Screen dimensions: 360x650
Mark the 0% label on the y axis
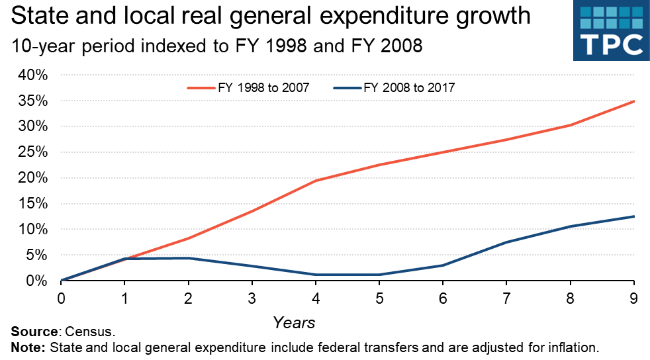36,281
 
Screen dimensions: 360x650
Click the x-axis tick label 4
316,298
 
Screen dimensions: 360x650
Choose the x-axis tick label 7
507,298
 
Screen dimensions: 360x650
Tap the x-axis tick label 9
634,298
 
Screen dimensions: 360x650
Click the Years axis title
294,323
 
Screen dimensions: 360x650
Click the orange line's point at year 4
316,181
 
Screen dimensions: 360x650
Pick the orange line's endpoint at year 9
634,101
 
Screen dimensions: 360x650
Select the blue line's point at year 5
379,275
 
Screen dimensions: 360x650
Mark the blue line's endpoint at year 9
634,216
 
